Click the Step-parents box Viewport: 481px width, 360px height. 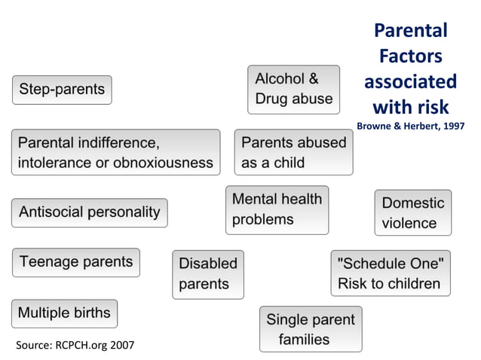(62, 90)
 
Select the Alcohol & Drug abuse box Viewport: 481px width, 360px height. (293, 89)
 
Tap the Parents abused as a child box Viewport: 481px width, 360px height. (293, 152)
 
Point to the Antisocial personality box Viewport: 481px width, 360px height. (89, 212)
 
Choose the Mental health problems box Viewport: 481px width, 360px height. (277, 209)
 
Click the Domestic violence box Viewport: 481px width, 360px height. (412, 212)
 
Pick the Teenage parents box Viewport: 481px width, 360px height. (75, 262)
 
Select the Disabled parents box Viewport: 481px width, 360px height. (208, 274)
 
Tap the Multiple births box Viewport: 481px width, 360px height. (64, 313)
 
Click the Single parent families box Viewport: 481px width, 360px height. (310, 329)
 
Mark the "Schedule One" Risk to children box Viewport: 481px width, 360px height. (390, 273)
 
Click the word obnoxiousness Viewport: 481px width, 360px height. (167, 163)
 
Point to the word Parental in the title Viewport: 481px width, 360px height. (411, 31)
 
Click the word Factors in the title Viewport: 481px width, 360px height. (411, 56)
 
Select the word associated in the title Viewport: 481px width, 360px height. (411, 81)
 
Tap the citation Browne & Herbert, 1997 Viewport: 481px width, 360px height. (410, 126)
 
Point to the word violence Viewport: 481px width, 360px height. (409, 223)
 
